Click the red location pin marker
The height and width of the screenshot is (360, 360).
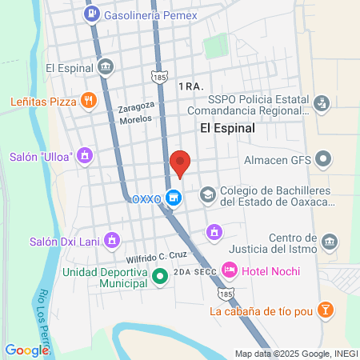point(180,162)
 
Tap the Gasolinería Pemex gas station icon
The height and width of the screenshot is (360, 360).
point(94,14)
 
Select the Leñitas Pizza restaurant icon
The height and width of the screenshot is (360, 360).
point(89,102)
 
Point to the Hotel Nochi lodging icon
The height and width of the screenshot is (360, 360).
point(229,271)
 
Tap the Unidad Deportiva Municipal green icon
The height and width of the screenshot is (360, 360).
point(159,278)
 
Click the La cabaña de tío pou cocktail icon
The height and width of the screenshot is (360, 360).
point(325,310)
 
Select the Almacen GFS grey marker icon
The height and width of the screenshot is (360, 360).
point(323,159)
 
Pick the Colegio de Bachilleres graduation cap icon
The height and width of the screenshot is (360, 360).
point(207,194)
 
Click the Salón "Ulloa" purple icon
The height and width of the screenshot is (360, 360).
point(85,156)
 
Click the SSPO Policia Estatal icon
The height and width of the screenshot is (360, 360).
point(322,102)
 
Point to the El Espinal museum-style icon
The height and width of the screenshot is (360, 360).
point(105,66)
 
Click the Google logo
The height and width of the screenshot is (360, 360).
point(26,350)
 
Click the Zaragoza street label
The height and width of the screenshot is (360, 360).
point(135,106)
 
